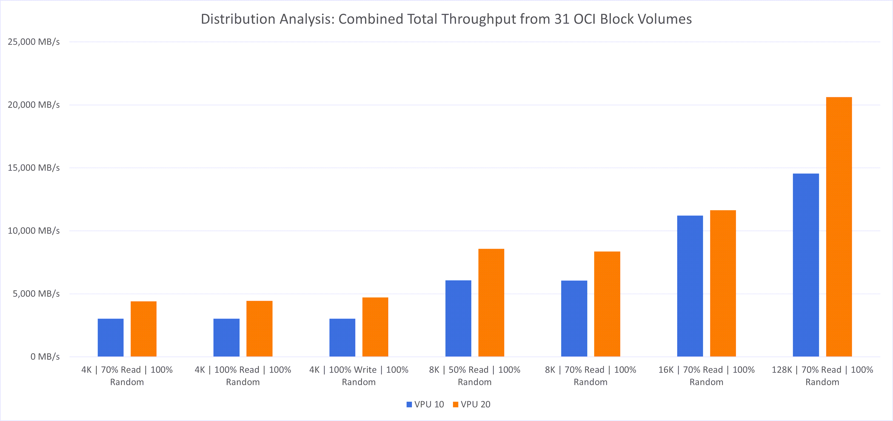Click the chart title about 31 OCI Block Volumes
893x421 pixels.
click(446, 19)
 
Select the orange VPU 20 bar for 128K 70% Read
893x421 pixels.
click(839, 227)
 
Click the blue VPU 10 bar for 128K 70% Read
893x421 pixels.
click(806, 265)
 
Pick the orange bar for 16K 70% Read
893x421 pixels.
click(723, 283)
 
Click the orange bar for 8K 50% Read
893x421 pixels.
click(491, 303)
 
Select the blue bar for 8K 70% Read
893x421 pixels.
click(574, 319)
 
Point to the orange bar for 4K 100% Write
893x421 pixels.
click(375, 327)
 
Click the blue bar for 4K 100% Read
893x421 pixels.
click(226, 338)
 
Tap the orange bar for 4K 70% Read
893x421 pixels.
click(143, 329)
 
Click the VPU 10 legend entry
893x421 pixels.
click(425, 404)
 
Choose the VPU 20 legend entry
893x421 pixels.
click(472, 404)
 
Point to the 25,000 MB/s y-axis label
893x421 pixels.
click(34, 42)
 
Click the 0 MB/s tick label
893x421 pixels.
click(45, 356)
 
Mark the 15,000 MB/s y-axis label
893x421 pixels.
click(34, 168)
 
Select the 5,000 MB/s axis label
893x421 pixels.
click(36, 294)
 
